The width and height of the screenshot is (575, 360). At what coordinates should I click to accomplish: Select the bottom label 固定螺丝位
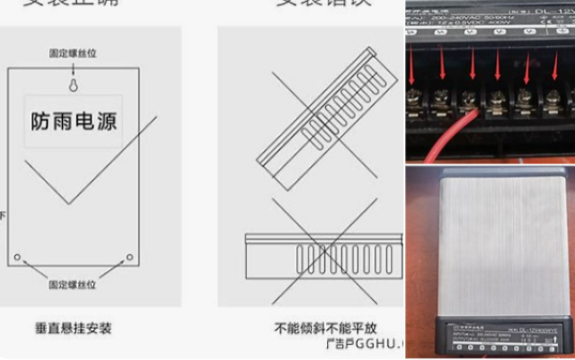point(73,285)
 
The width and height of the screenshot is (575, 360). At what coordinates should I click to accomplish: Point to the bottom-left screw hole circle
point(17,258)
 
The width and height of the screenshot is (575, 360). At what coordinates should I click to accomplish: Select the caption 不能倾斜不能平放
point(310,329)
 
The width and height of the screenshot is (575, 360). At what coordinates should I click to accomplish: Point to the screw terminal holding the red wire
point(468,99)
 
